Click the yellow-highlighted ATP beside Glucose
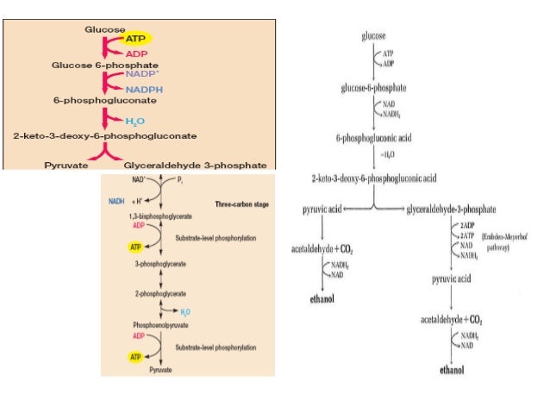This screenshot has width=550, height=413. (x=135, y=40)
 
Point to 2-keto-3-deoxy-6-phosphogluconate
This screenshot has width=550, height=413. (x=105, y=136)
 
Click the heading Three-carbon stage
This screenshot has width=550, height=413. (x=240, y=203)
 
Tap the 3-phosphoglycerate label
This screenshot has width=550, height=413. (x=147, y=266)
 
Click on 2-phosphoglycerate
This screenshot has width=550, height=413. (x=147, y=293)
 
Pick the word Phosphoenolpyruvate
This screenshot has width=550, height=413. (x=147, y=325)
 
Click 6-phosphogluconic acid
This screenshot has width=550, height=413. (x=372, y=137)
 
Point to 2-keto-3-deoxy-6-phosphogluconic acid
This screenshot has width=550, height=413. (x=375, y=178)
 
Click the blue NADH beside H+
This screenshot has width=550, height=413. (x=116, y=200)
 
